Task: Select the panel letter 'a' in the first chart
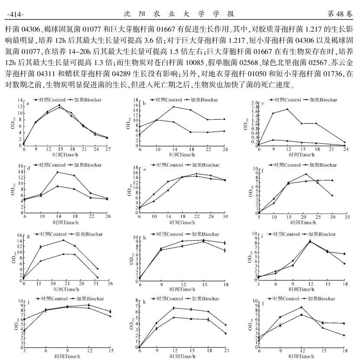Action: (27, 103)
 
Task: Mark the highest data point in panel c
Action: (287, 109)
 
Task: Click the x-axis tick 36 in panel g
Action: (110, 283)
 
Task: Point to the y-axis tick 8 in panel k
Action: (135, 300)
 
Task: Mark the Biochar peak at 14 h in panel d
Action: (58, 172)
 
